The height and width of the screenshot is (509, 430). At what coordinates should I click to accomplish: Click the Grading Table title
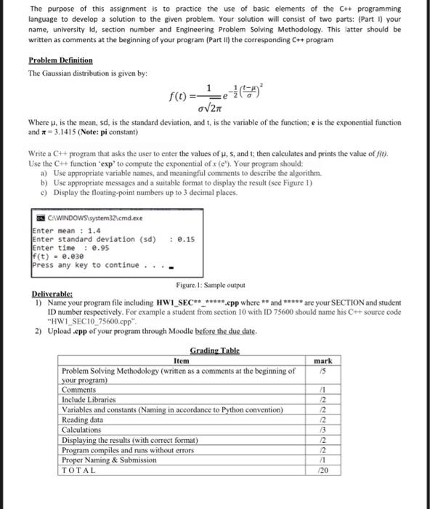click(214, 350)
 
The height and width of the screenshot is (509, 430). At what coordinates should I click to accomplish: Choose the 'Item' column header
click(182, 360)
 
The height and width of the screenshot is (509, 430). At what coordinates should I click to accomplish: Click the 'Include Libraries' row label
click(88, 399)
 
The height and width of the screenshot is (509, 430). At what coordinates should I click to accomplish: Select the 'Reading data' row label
click(82, 420)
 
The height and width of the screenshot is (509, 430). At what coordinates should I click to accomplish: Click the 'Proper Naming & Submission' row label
click(108, 460)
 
